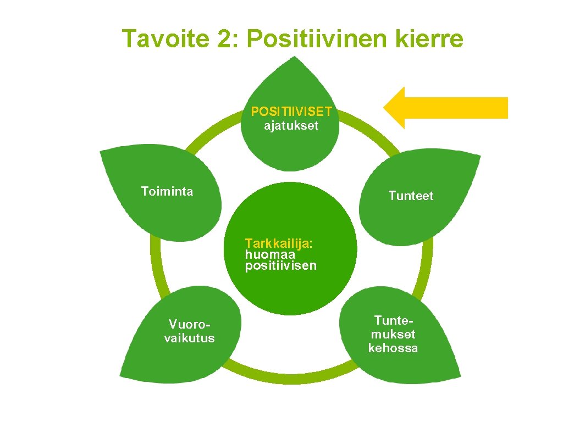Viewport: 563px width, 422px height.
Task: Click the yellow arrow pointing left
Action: pyautogui.click(x=445, y=108)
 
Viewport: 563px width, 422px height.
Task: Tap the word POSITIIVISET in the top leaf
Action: pyautogui.click(x=291, y=112)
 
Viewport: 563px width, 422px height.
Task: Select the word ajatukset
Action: pyautogui.click(x=291, y=126)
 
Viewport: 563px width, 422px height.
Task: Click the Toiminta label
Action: pyautogui.click(x=167, y=191)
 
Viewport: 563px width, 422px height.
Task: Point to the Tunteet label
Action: pyautogui.click(x=411, y=196)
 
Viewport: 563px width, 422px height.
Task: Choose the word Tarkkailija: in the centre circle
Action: pyautogui.click(x=279, y=243)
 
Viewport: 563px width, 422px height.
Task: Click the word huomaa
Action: pyautogui.click(x=271, y=255)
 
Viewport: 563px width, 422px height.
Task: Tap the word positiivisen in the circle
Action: pyautogui.click(x=281, y=266)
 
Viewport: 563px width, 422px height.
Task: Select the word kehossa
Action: pyautogui.click(x=393, y=348)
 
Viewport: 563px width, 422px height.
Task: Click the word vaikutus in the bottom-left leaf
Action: pyautogui.click(x=190, y=337)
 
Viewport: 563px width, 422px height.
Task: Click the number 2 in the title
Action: pyautogui.click(x=223, y=39)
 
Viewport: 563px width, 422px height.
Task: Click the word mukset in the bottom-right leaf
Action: pyautogui.click(x=393, y=334)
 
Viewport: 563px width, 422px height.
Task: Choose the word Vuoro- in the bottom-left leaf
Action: pyautogui.click(x=190, y=324)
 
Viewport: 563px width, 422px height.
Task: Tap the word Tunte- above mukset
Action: pyautogui.click(x=393, y=320)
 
